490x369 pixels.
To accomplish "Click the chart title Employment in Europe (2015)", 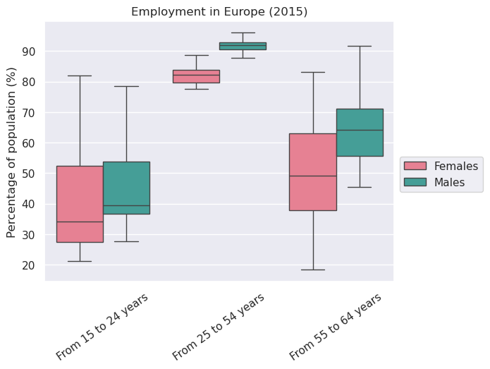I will coord(219,12).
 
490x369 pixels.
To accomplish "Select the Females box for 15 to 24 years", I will coord(80,204).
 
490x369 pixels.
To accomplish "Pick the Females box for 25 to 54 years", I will coord(196,76).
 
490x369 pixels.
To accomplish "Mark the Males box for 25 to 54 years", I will coord(243,46).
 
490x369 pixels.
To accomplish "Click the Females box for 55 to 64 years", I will coord(313,171).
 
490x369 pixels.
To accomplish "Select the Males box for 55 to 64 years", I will coord(360,132).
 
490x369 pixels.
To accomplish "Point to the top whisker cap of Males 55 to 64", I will coord(360,46).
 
